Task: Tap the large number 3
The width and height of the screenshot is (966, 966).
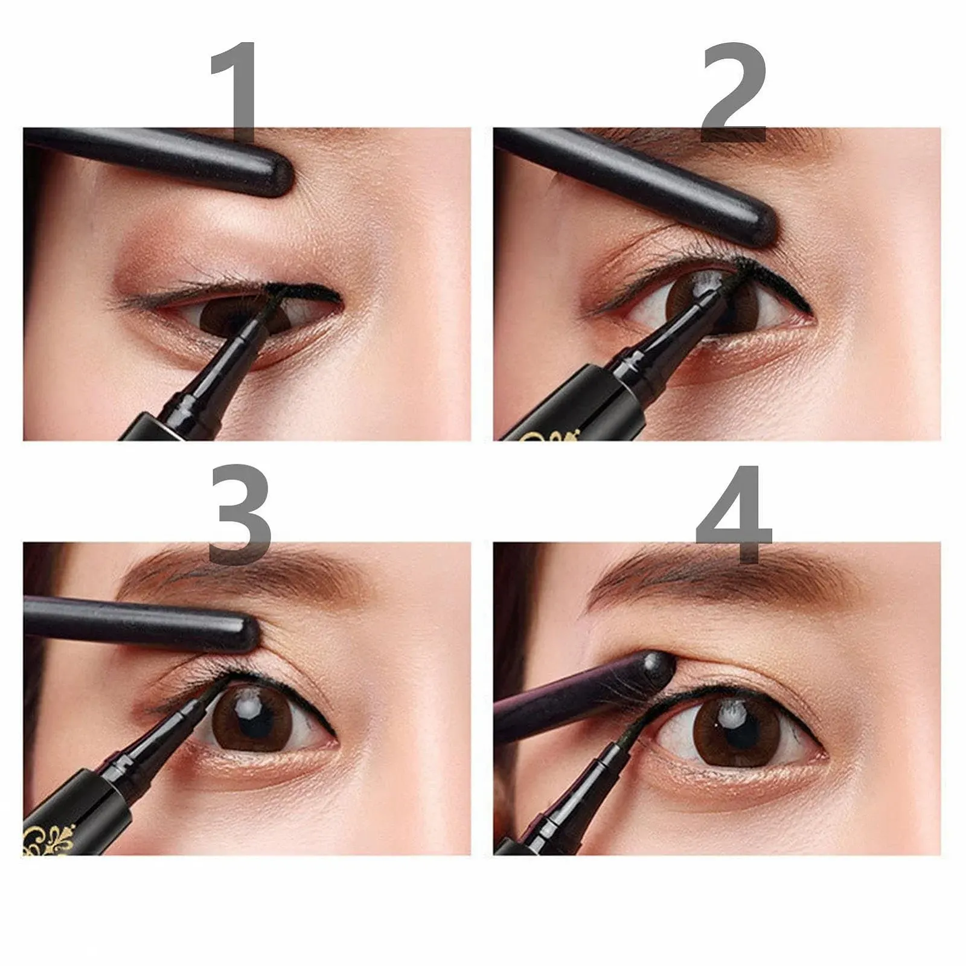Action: click(x=240, y=513)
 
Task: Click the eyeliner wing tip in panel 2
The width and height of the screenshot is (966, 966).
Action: click(x=809, y=309)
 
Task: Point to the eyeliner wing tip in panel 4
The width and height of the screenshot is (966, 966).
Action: click(x=822, y=755)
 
